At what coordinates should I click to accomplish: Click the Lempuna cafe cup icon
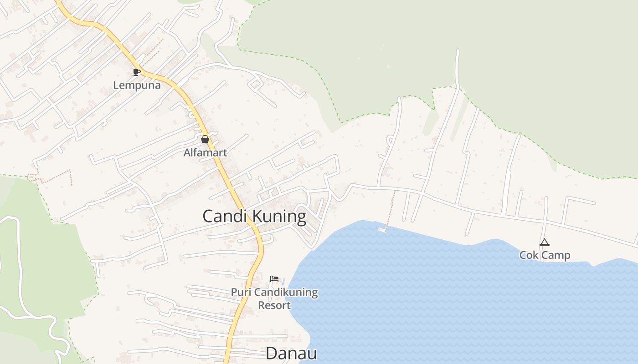136,72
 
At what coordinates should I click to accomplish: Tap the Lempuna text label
137,85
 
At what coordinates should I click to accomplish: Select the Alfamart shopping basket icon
205,139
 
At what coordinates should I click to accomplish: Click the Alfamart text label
205,152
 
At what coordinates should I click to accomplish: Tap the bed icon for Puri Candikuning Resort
274,278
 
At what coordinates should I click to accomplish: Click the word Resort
274,305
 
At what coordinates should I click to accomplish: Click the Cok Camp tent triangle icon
544,243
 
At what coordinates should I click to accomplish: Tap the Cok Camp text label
545,255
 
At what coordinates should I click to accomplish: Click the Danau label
291,354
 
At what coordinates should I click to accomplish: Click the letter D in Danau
271,354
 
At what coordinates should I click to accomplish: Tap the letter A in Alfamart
187,152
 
